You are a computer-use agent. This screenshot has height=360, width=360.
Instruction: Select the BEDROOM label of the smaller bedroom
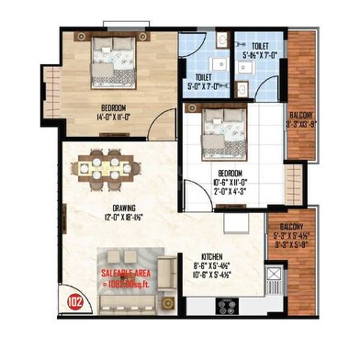point(230,173)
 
